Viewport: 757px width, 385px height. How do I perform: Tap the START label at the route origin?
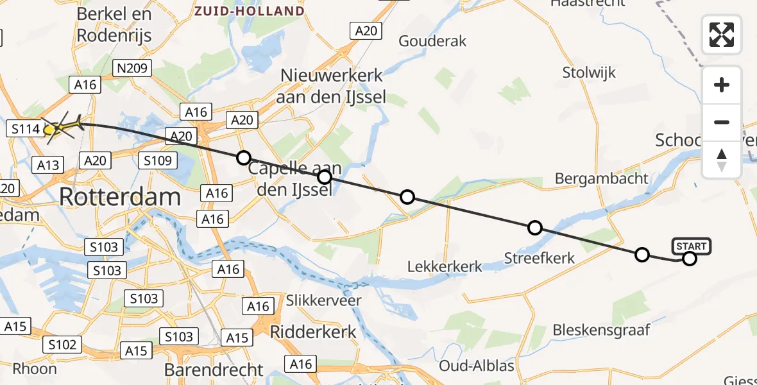[692, 246]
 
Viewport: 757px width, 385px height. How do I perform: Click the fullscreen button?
[722, 35]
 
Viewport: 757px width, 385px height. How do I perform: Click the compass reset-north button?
[722, 159]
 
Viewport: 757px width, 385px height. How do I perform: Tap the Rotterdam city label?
[119, 197]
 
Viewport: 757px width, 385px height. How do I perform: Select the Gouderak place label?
[433, 41]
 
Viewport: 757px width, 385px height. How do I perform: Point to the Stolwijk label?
[589, 72]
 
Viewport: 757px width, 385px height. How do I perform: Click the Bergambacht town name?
[602, 178]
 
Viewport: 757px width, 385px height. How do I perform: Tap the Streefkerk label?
[539, 258]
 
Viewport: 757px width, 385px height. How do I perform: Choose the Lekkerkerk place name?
[445, 266]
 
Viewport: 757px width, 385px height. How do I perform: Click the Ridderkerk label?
[313, 332]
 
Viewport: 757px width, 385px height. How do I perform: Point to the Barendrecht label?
[214, 370]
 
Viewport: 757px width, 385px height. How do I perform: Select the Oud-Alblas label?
[477, 366]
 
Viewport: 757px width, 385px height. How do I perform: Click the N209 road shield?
[131, 68]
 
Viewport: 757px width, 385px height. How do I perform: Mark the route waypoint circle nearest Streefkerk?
[534, 227]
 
